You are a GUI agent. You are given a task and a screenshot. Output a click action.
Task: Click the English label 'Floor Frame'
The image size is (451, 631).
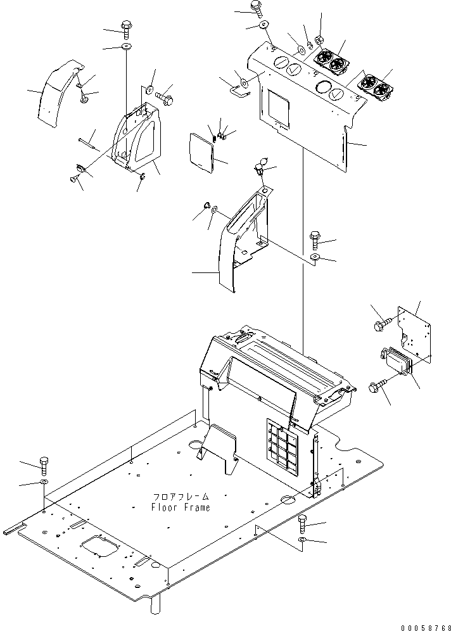tap(181, 507)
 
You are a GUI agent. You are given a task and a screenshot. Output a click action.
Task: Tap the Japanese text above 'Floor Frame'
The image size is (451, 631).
tap(181, 497)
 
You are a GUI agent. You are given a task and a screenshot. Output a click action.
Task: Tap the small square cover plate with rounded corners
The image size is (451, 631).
tap(203, 152)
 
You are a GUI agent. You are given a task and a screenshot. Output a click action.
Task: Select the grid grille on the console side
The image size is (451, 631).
tap(283, 447)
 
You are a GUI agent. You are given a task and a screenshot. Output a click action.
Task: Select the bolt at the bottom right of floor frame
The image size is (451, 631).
tap(303, 523)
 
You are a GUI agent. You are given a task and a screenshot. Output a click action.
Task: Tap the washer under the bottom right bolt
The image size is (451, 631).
tap(302, 540)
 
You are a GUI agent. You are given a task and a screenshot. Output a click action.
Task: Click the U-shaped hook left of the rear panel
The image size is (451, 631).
tap(238, 89)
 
